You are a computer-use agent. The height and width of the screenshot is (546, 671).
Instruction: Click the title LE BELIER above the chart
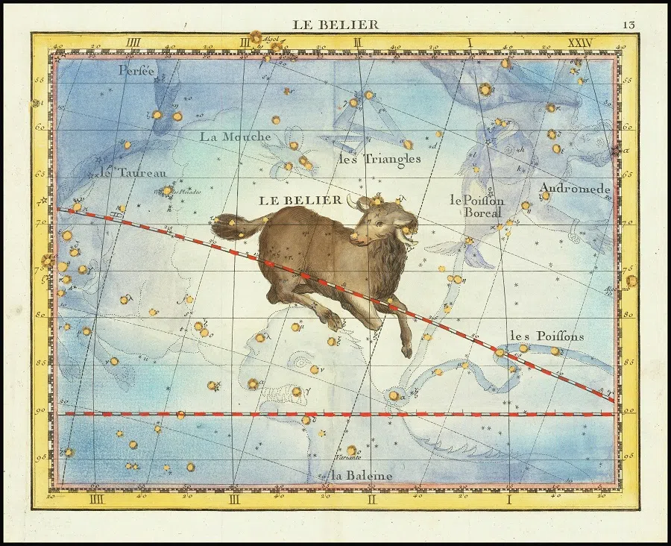(335, 25)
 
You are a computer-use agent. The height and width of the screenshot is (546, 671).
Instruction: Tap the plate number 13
(630, 25)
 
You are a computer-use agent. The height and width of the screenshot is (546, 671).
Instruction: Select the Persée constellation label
(138, 71)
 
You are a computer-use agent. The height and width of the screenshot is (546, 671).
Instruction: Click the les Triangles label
(379, 158)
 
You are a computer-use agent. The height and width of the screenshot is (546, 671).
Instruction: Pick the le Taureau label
(134, 172)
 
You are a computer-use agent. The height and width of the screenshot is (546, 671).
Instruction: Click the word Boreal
(483, 213)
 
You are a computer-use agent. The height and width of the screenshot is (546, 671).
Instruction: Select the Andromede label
(575, 189)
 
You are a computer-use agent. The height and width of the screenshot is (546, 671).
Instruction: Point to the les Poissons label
(546, 336)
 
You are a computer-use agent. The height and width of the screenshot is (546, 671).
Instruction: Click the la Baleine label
(361, 475)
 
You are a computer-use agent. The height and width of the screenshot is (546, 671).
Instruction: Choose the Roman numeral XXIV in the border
(579, 43)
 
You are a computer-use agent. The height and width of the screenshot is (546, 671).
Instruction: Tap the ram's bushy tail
(227, 225)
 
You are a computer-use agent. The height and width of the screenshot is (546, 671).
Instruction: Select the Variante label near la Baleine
(347, 456)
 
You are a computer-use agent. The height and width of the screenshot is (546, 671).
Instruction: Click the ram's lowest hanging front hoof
(406, 351)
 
